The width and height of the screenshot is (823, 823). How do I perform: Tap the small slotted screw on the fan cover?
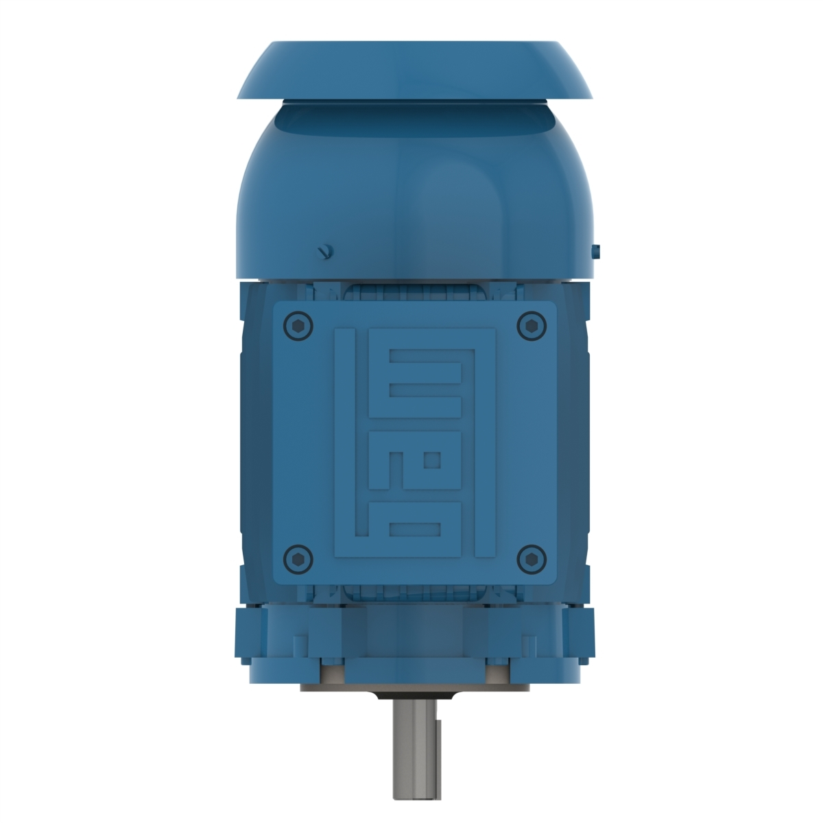(324, 252)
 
